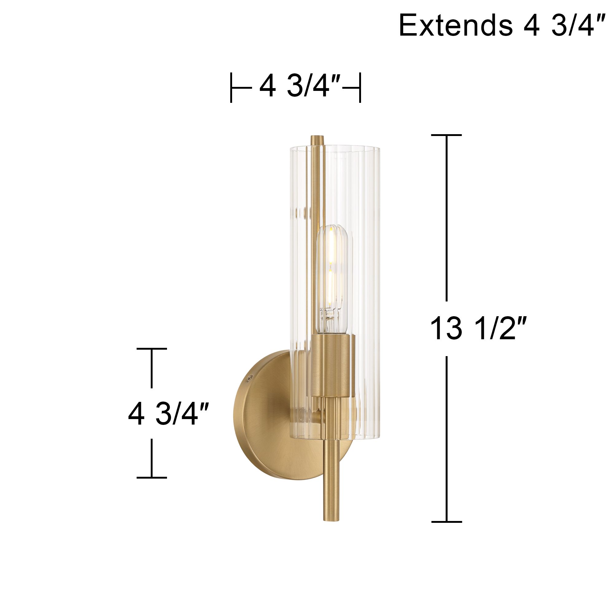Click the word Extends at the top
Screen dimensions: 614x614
tap(455, 25)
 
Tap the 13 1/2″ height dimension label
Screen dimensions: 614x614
tap(479, 329)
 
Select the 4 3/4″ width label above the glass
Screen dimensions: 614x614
tap(300, 87)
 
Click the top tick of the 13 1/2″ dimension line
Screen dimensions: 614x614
tap(446, 135)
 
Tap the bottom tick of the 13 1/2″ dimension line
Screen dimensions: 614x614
tap(446, 522)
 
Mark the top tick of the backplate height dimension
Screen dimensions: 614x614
tap(152, 349)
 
